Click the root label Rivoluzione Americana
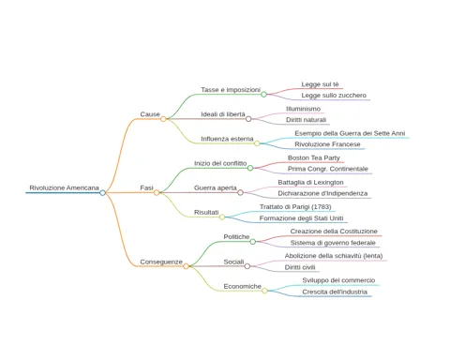tap(64, 187)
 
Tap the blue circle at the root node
tap(102, 193)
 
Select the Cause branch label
tap(150, 114)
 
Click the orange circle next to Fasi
tap(157, 193)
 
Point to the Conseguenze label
tap(161, 262)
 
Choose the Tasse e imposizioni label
tap(231, 90)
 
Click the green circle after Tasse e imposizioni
tap(263, 95)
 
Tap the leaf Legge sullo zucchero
tap(334, 96)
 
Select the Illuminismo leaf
tap(303, 109)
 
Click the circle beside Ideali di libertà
tap(248, 119)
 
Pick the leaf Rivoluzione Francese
tap(327, 144)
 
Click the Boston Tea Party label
tap(314, 157)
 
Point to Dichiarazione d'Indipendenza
tap(322, 193)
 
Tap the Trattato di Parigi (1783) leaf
tap(295, 207)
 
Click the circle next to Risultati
tap(222, 217)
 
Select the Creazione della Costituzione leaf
tap(334, 232)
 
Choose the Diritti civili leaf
tap(300, 267)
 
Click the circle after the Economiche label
tap(264, 291)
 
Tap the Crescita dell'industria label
tap(335, 292)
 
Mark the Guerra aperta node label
tap(216, 187)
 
